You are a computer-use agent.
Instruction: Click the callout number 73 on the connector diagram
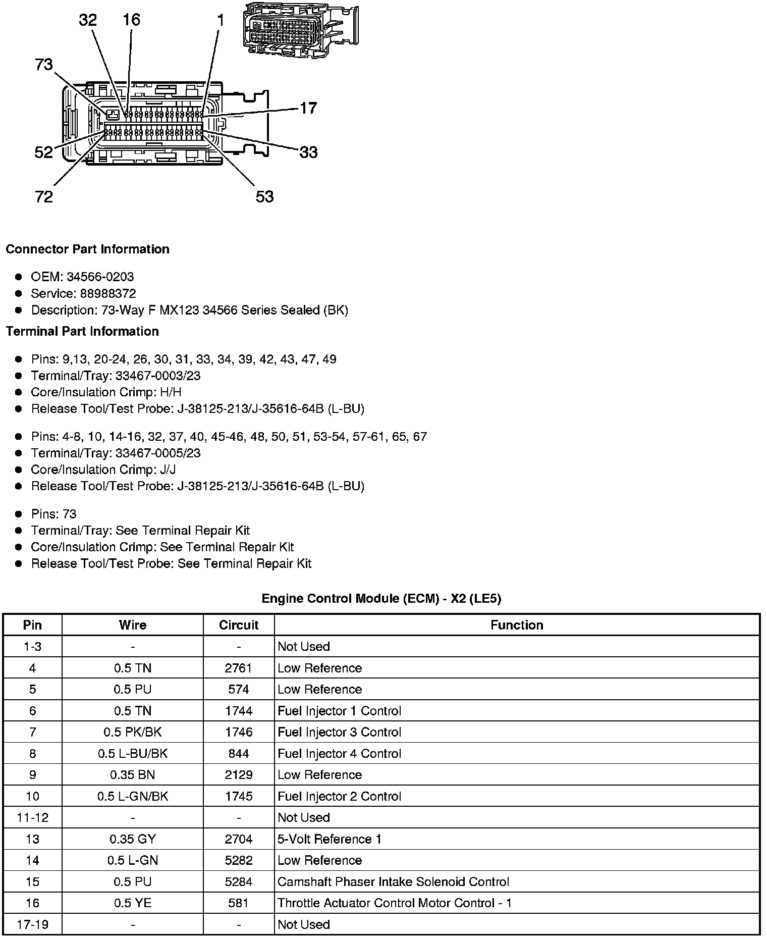(44, 65)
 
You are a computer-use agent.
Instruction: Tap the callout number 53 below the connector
(264, 196)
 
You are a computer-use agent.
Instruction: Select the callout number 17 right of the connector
(308, 108)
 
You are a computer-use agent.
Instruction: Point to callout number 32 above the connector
(88, 20)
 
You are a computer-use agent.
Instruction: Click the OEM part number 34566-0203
(100, 277)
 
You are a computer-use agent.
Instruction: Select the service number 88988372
(108, 293)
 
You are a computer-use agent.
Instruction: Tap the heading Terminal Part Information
(82, 331)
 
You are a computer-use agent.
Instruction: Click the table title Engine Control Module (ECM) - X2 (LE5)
(381, 599)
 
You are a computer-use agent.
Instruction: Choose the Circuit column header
(239, 625)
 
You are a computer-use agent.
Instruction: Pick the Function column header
(517, 625)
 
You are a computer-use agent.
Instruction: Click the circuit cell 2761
(239, 668)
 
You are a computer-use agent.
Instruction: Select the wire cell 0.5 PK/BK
(133, 732)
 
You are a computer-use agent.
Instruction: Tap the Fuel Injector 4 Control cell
(340, 753)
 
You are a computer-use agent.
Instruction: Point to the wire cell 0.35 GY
(133, 839)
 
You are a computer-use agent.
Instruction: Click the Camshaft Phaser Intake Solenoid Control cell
(394, 881)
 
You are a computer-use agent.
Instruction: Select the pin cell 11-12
(33, 817)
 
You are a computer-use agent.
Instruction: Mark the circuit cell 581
(239, 903)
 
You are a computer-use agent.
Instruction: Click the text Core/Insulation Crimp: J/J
(103, 470)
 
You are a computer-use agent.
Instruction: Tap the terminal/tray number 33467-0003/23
(158, 376)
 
